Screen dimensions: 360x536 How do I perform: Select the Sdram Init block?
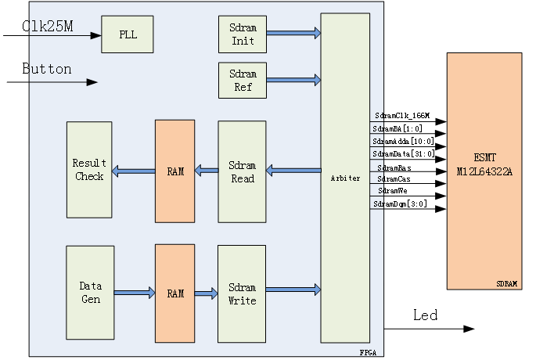[x=243, y=34]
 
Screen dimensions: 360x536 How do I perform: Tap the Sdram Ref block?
[x=243, y=80]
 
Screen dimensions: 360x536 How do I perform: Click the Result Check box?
[x=89, y=170]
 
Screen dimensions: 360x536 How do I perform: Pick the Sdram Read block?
[x=243, y=172]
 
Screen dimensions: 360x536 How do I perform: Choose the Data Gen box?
[x=90, y=293]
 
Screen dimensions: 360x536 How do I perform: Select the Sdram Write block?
[x=242, y=293]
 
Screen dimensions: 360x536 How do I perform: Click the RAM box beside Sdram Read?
[x=174, y=171]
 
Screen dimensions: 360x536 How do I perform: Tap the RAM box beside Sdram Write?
[x=174, y=293]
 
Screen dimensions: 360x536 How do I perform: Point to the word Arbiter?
[x=345, y=178]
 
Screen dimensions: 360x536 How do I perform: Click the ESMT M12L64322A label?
[x=484, y=164]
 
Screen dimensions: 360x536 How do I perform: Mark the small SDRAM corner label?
[x=507, y=284]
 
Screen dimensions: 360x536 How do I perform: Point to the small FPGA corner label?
[x=368, y=353]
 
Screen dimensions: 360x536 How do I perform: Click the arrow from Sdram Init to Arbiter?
[x=293, y=33]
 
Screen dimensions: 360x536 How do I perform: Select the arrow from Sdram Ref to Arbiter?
[x=293, y=80]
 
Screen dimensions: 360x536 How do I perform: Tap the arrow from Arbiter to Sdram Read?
[x=293, y=170]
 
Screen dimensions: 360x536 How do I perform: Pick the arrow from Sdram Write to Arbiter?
[x=293, y=290]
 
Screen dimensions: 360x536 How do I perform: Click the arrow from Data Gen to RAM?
[x=135, y=293]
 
